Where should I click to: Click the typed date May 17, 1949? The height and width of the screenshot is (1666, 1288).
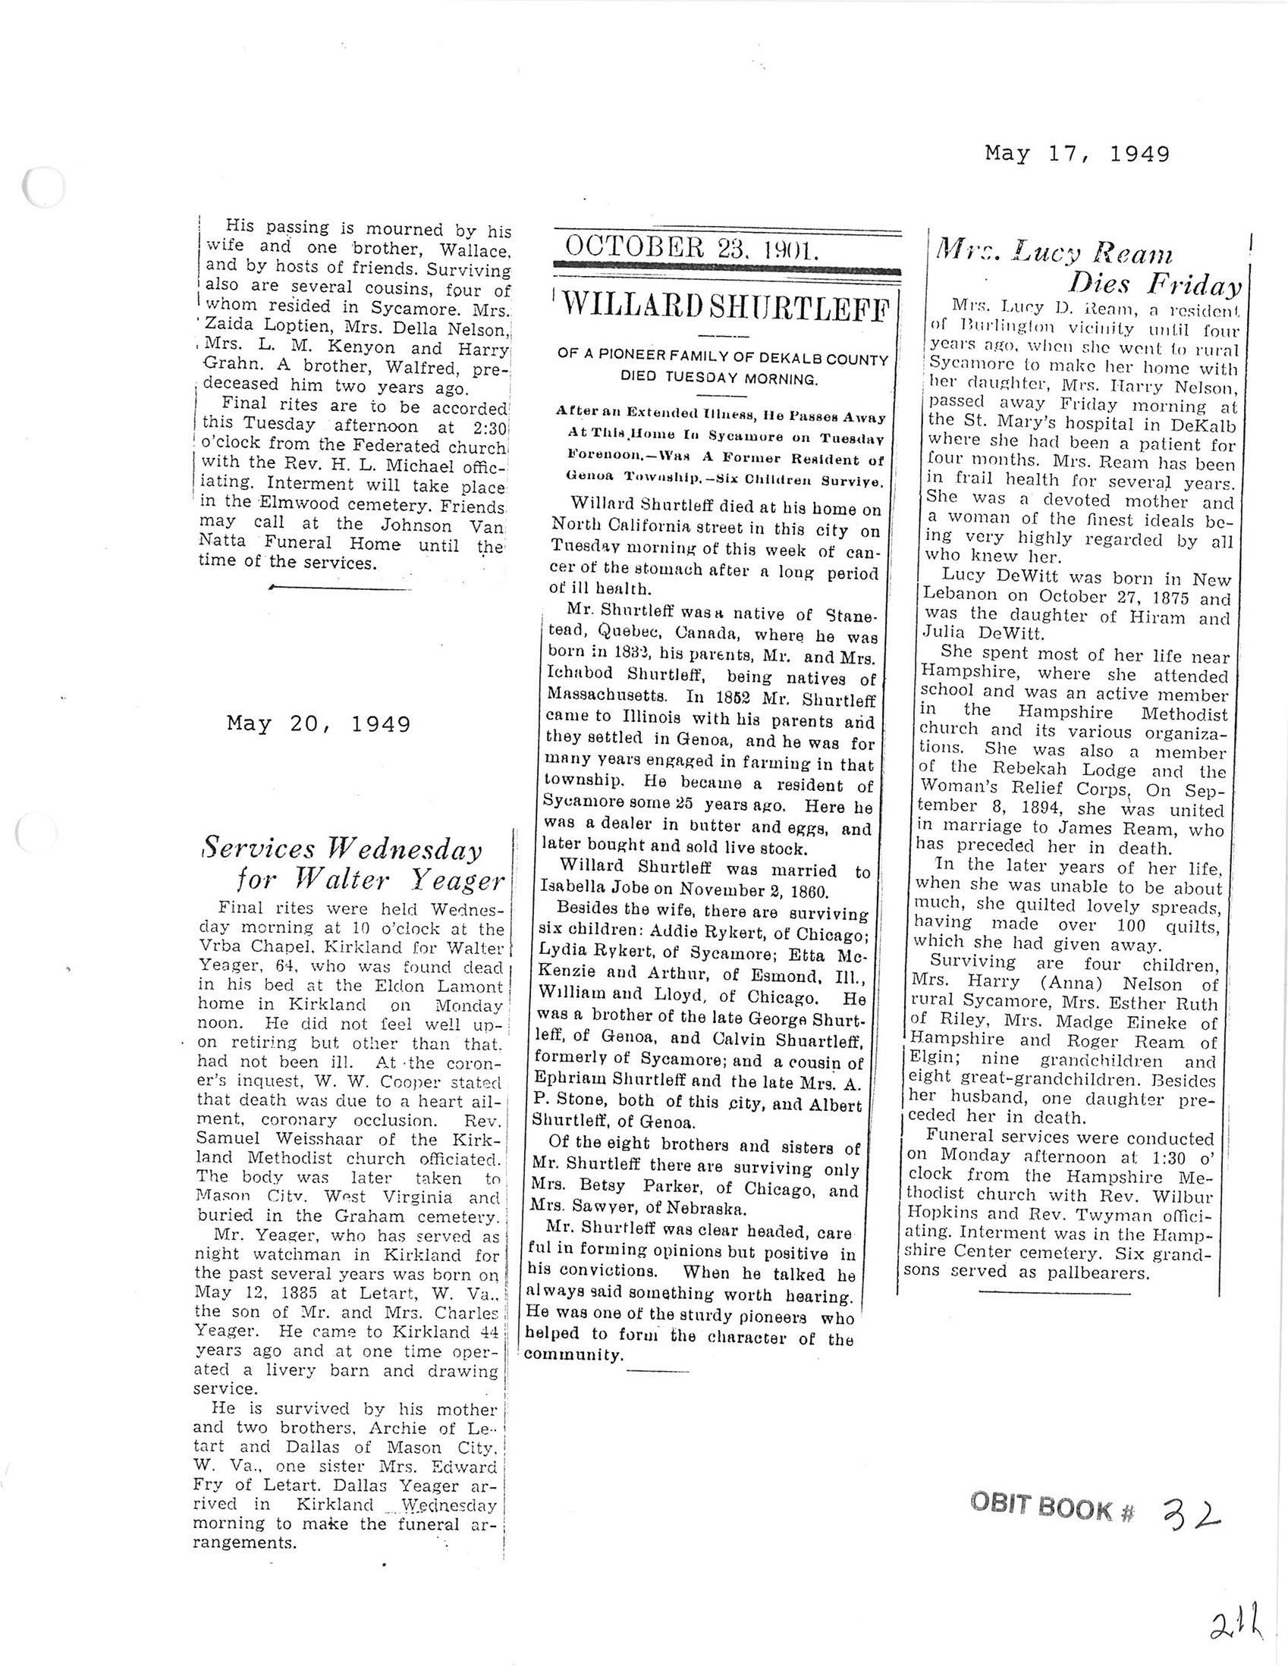pyautogui.click(x=1076, y=155)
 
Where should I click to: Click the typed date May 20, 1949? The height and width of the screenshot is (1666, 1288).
pyautogui.click(x=318, y=723)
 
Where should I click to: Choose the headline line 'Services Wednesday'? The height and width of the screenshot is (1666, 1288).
pyautogui.click(x=341, y=849)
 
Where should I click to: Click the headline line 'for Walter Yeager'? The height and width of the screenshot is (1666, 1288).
pyautogui.click(x=370, y=881)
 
